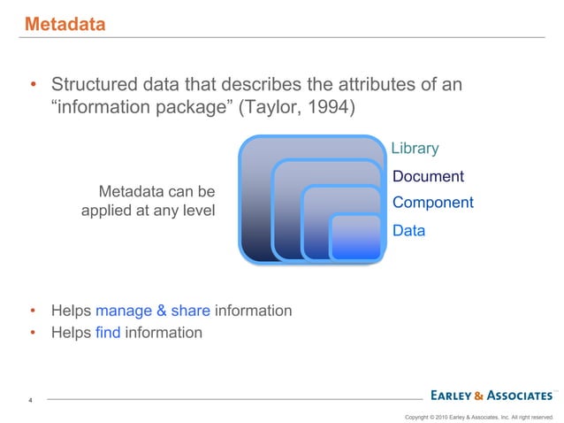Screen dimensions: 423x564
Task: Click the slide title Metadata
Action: point(65,25)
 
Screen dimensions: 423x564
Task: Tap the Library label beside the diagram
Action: point(415,148)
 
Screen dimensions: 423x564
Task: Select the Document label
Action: point(428,176)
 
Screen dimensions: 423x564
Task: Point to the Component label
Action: point(432,203)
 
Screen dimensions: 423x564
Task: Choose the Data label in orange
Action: point(408,231)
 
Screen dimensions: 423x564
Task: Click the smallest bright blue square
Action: point(355,236)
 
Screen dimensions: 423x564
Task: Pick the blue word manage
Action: point(123,311)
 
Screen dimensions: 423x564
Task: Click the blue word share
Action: point(189,311)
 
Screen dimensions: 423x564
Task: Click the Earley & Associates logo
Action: point(491,395)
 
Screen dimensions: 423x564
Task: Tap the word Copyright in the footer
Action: point(418,415)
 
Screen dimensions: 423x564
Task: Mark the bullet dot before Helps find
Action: point(33,334)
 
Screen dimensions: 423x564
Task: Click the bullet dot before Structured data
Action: point(33,88)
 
